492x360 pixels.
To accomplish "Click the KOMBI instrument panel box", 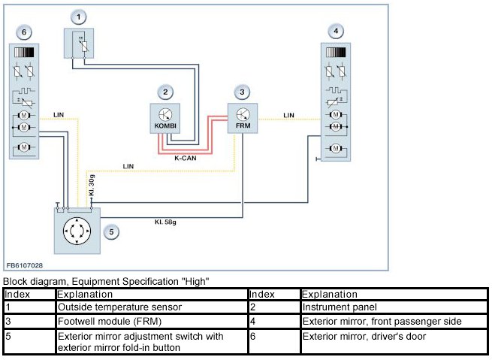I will point(165,119).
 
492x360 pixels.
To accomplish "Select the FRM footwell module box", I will point(242,119).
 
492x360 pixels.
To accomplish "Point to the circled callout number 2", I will point(166,92).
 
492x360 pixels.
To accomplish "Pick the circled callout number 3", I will point(241,92).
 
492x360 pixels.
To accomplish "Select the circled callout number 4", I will point(337,31).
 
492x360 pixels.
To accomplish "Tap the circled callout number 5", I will point(111,232).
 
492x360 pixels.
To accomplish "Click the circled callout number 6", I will point(25,32).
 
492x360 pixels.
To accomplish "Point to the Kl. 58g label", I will point(166,222).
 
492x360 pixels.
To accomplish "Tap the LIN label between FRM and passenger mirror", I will point(289,115).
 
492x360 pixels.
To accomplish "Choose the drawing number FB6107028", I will point(25,265).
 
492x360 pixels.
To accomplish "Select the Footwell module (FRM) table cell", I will point(98,322).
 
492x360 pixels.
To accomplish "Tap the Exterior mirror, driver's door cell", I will point(364,337).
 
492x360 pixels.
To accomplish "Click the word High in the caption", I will point(195,282).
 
